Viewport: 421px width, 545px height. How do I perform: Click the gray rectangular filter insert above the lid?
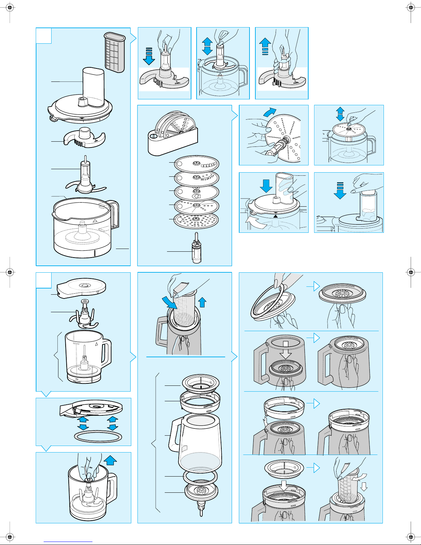(114, 52)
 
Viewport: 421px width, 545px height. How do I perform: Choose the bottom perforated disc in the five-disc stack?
(196, 220)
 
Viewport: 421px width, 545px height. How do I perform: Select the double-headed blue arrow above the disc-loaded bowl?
(340, 114)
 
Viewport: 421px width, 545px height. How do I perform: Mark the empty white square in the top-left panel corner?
(44, 35)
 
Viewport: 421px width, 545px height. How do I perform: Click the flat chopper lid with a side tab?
(82, 288)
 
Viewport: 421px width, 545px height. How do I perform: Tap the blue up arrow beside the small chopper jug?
(110, 460)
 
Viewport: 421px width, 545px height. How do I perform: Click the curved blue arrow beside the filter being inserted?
(170, 302)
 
